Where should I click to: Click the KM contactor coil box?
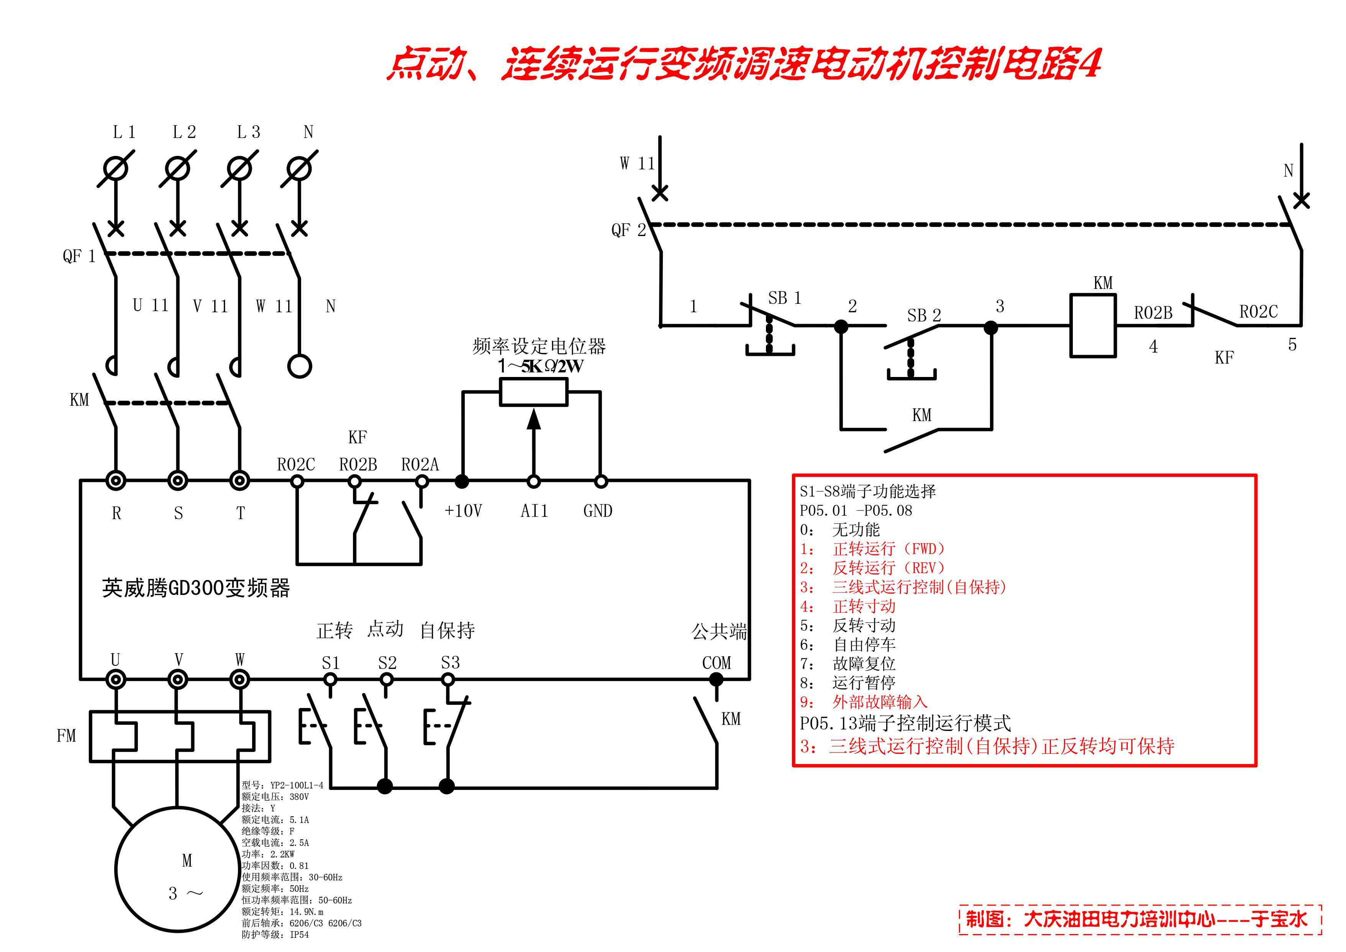point(1093,325)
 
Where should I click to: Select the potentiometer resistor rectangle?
point(533,392)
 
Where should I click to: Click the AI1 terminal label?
point(534,511)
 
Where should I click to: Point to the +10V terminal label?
point(463,511)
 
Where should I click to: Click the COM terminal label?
point(716,663)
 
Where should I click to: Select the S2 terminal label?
point(387,663)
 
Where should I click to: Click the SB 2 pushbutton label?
point(924,315)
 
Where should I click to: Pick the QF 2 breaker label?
point(628,230)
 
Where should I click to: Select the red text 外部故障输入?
point(879,702)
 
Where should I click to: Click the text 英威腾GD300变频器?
point(196,588)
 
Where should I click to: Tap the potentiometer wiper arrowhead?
point(533,419)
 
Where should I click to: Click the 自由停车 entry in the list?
point(864,645)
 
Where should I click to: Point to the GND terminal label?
point(598,511)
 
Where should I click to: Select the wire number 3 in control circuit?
point(1000,306)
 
